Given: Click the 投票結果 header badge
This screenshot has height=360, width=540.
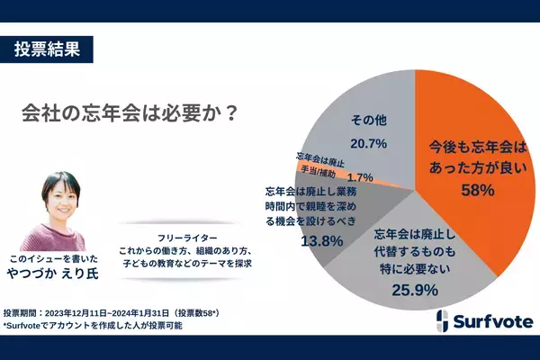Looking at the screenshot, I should [x=53, y=49].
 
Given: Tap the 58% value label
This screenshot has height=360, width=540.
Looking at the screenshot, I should [x=474, y=191].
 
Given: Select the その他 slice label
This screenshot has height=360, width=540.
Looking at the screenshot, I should [x=369, y=120].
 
